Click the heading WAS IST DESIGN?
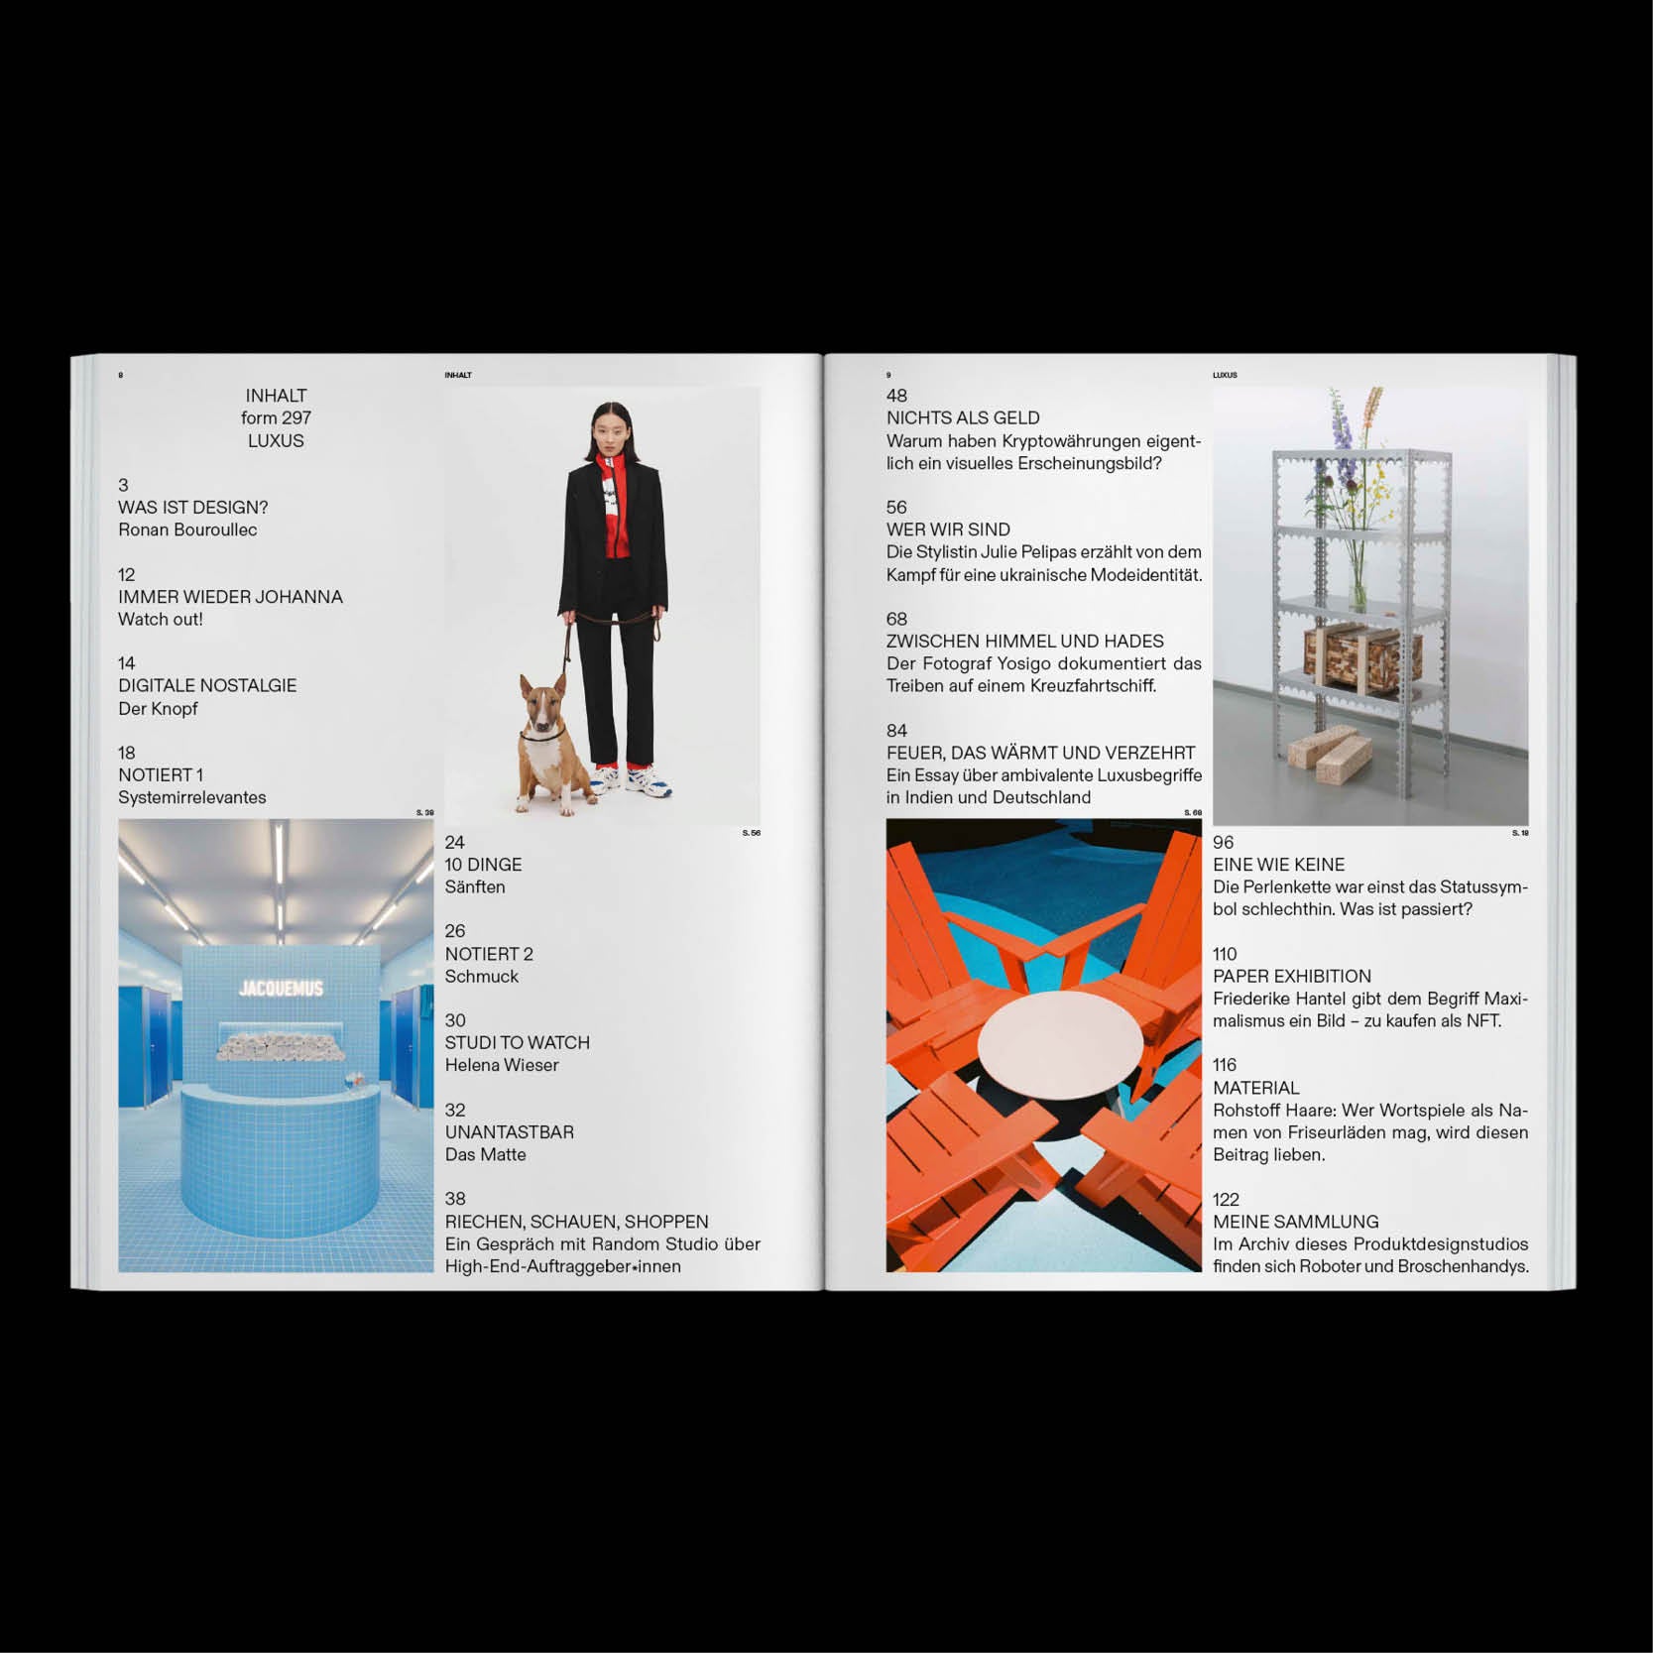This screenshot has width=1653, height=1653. (x=193, y=508)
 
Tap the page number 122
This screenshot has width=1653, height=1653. (x=1226, y=1199)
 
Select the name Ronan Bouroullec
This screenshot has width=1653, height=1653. (x=187, y=530)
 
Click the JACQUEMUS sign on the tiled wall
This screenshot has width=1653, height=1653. (x=281, y=989)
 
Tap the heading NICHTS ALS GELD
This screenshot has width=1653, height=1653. (x=963, y=418)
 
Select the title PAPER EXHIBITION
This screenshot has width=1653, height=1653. (x=1292, y=977)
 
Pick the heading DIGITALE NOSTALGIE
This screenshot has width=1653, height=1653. (x=207, y=686)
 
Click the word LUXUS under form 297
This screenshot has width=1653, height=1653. (x=276, y=441)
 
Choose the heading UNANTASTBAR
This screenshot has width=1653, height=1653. (x=510, y=1132)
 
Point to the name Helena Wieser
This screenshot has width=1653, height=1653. (x=502, y=1065)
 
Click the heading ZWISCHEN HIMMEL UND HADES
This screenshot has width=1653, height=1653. (x=1025, y=642)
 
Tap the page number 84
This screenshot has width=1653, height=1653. (x=896, y=731)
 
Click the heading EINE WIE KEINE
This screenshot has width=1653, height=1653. (x=1279, y=865)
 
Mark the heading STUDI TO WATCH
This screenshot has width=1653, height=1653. (x=518, y=1043)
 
